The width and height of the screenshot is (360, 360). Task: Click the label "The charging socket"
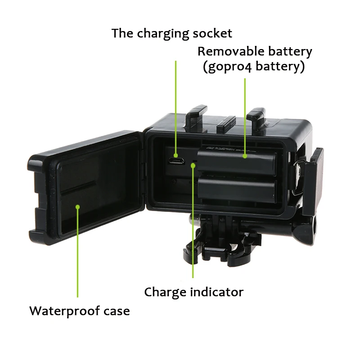click(172, 33)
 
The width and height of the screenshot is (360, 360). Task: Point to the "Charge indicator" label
click(193, 292)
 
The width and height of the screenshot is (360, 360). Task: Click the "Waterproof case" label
click(80, 311)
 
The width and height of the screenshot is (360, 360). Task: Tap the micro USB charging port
click(176, 160)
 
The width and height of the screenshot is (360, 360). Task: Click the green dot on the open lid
click(77, 207)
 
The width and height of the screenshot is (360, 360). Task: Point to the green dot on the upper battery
click(245, 156)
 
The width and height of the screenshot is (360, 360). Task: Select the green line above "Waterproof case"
click(77, 252)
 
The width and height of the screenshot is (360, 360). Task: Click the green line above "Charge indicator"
click(193, 225)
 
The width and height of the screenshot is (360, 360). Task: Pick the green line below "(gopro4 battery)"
click(245, 117)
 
